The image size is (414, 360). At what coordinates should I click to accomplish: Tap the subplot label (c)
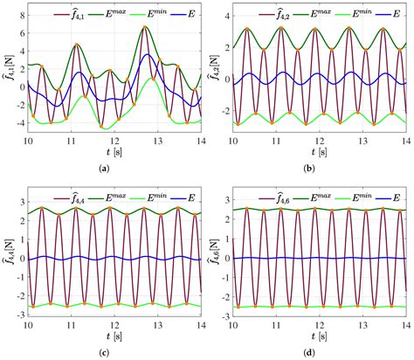click(105, 351)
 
